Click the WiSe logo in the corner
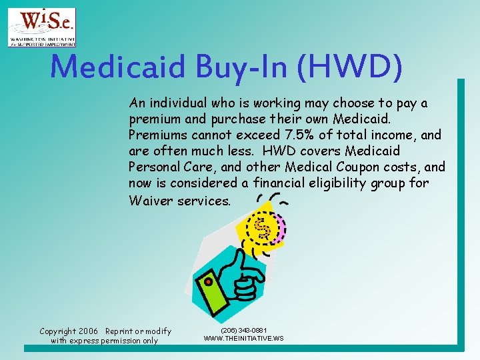41,27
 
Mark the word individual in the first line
179,103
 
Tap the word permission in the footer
120,341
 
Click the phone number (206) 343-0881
243,330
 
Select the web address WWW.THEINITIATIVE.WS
243,339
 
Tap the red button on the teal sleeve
209,281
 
